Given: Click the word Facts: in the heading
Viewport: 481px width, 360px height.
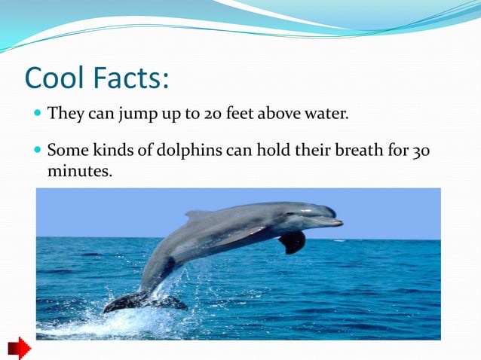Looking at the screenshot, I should point(134,78).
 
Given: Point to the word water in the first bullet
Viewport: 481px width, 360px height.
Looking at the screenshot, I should point(325,115).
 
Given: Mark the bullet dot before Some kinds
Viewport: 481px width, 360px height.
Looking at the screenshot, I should point(38,151).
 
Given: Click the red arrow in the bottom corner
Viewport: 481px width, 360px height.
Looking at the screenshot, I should point(19,348).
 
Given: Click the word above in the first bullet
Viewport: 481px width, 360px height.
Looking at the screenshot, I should point(279,115).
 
